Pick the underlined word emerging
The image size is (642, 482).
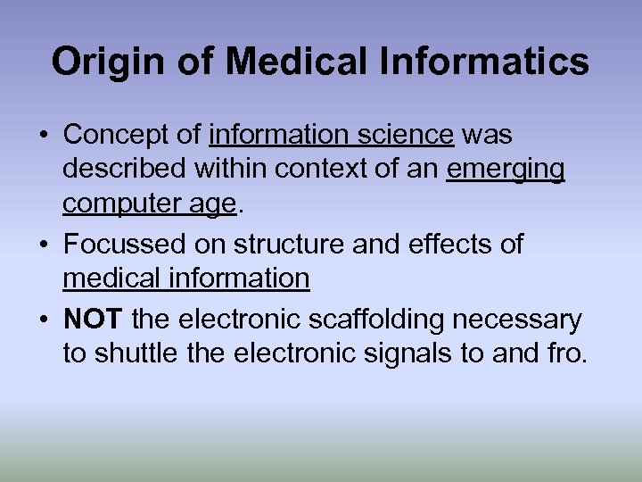(x=506, y=170)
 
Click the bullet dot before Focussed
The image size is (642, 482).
(x=43, y=244)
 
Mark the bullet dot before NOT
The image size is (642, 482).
(x=43, y=319)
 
